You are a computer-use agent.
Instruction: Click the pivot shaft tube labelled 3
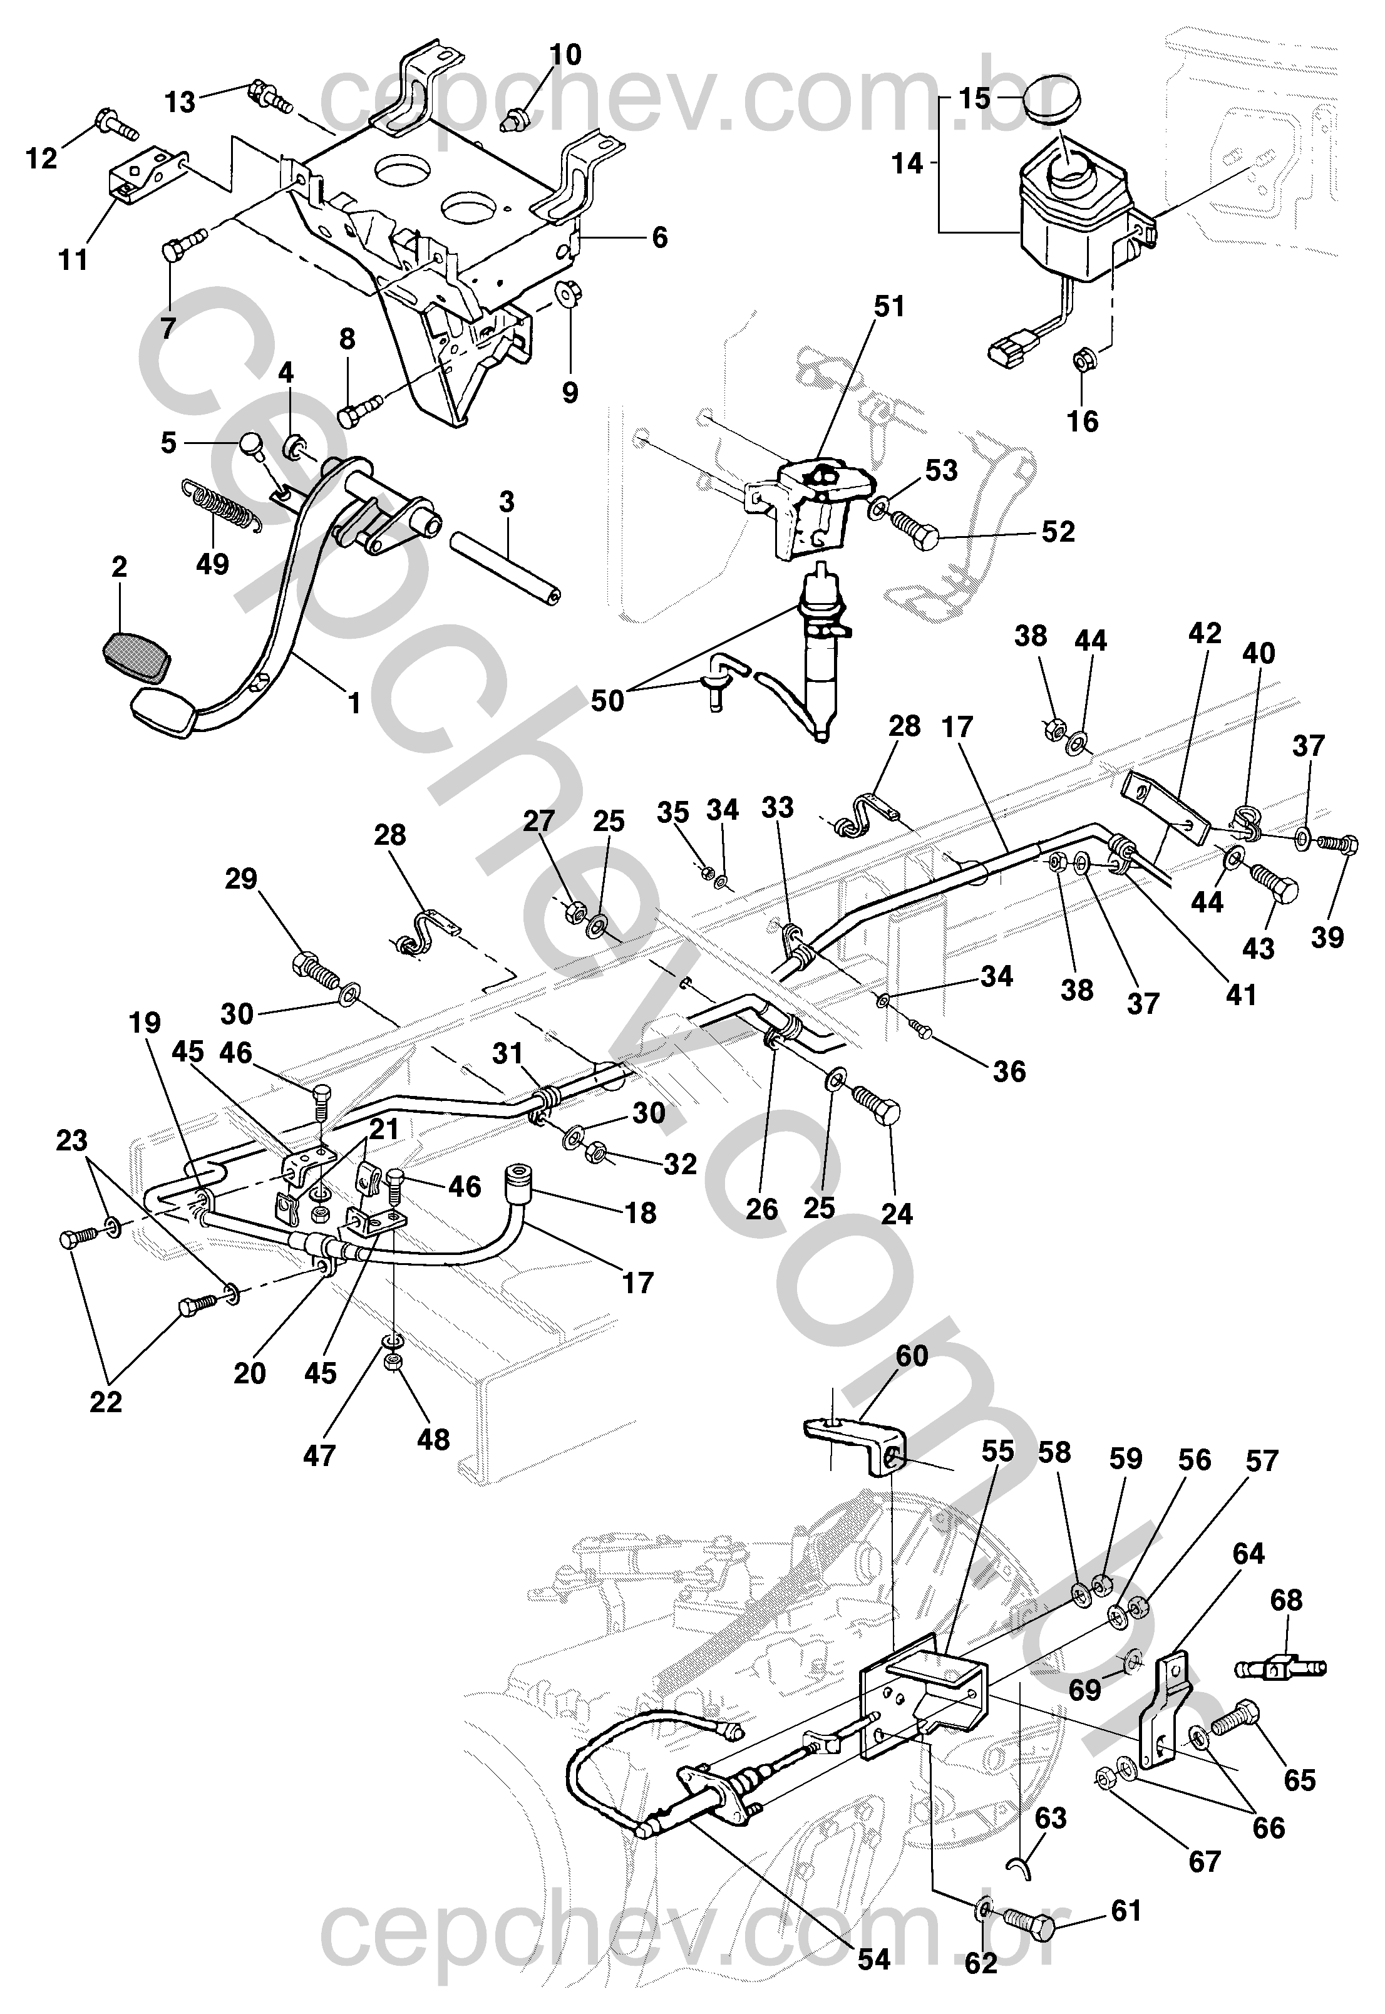point(505,569)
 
